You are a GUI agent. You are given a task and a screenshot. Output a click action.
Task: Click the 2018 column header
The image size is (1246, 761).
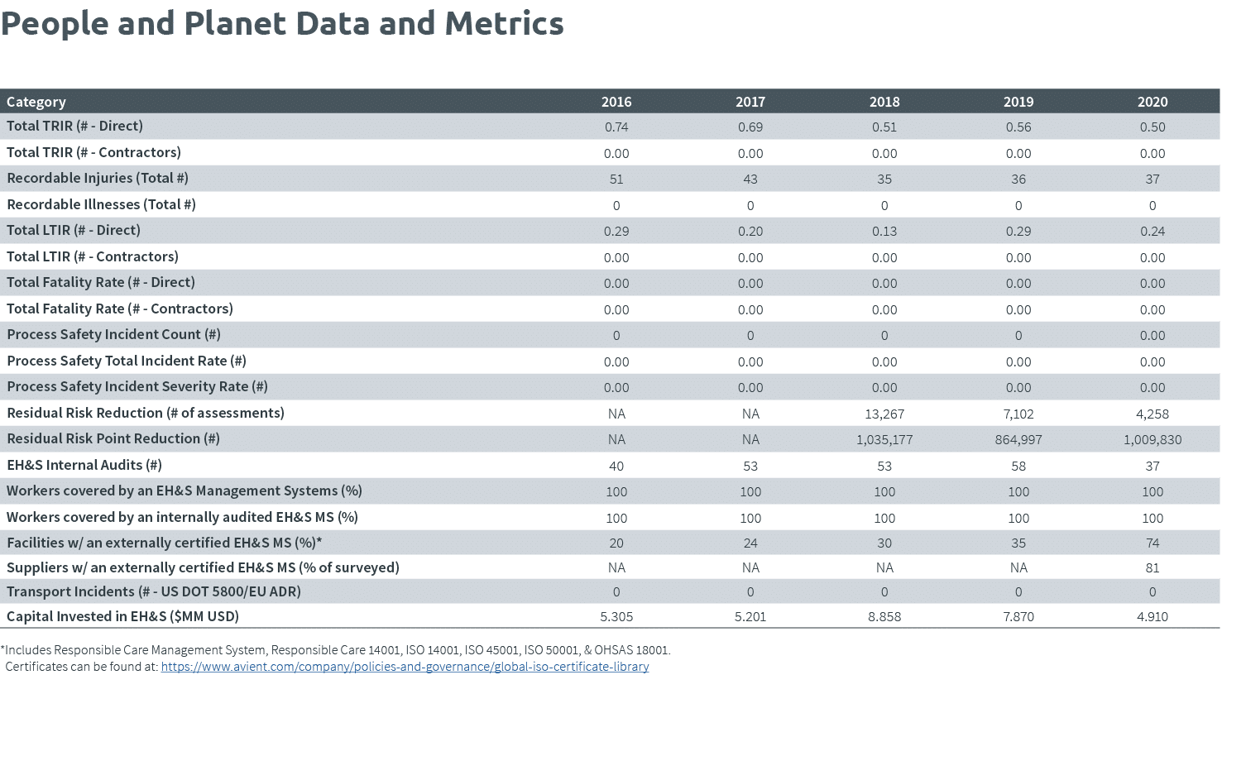pyautogui.click(x=884, y=102)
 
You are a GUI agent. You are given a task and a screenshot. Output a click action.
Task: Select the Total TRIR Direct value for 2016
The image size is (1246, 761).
pyautogui.click(x=616, y=127)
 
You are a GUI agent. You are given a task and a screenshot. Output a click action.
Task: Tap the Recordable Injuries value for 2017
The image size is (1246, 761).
pyautogui.click(x=750, y=179)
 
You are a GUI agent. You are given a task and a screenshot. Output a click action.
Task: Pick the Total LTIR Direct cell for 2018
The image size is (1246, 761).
pyautogui.click(x=884, y=232)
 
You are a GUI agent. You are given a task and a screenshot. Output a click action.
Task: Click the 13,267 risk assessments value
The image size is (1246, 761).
pyautogui.click(x=884, y=414)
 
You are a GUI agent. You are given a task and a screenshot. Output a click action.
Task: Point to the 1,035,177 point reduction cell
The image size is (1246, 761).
pyautogui.click(x=884, y=440)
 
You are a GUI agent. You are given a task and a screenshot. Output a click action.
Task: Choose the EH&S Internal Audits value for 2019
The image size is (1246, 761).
pyautogui.click(x=1018, y=466)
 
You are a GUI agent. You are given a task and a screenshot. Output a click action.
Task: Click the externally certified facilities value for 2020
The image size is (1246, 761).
pyautogui.click(x=1152, y=543)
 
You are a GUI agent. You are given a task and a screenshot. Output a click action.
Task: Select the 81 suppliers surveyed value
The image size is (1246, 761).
pyautogui.click(x=1152, y=568)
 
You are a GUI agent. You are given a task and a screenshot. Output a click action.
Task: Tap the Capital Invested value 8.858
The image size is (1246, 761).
pyautogui.click(x=884, y=617)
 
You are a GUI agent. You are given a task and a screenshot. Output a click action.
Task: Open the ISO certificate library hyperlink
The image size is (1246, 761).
pyautogui.click(x=405, y=667)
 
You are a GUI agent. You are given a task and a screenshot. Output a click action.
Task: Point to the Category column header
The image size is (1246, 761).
pyautogui.click(x=36, y=102)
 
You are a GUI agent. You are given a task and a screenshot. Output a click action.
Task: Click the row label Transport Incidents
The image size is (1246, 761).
pyautogui.click(x=154, y=592)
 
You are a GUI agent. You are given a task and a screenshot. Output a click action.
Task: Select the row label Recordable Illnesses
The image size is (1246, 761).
pyautogui.click(x=101, y=204)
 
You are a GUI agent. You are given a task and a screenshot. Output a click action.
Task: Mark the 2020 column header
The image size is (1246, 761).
pyautogui.click(x=1152, y=102)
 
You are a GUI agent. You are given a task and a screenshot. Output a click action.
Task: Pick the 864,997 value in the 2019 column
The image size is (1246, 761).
pyautogui.click(x=1018, y=440)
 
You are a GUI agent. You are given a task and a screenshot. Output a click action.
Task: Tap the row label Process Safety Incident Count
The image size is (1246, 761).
pyautogui.click(x=113, y=335)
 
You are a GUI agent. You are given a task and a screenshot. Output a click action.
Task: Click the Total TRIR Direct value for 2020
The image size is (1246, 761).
pyautogui.click(x=1152, y=127)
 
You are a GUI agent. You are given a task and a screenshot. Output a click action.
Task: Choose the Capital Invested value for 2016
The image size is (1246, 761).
pyautogui.click(x=616, y=617)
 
